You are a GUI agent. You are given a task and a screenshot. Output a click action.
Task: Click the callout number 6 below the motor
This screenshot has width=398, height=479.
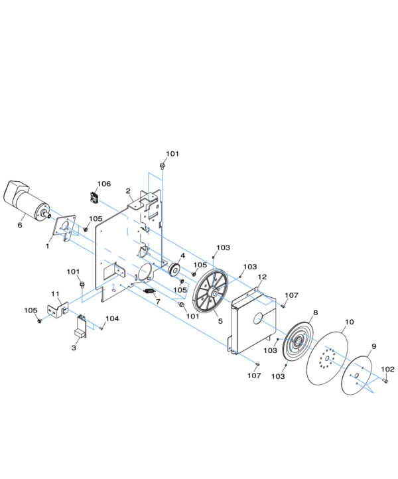[x=20, y=225]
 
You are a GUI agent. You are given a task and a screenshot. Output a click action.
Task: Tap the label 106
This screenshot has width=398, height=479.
[x=104, y=184]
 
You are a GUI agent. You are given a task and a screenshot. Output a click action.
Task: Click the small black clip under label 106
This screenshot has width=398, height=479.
[x=94, y=196]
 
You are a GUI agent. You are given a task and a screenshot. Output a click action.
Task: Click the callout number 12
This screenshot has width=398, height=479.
[x=262, y=277]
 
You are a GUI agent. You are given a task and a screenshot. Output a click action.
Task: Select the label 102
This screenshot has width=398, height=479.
[x=387, y=369]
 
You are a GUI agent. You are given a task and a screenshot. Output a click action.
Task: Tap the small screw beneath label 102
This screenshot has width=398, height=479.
[x=386, y=381]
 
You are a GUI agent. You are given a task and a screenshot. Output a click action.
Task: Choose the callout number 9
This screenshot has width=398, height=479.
[x=373, y=346]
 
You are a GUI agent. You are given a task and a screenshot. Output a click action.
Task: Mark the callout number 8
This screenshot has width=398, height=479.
[x=315, y=312]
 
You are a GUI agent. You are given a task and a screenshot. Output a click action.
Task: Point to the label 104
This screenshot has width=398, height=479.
[x=112, y=319]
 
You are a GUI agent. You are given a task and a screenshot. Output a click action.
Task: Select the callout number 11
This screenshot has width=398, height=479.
[x=55, y=293]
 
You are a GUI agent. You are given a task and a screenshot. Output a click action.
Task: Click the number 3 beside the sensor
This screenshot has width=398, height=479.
[x=74, y=348]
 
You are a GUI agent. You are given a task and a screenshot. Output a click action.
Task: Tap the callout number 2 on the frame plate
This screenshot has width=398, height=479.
[x=128, y=191]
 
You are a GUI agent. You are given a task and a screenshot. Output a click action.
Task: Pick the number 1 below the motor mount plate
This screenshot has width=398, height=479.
[x=47, y=245]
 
